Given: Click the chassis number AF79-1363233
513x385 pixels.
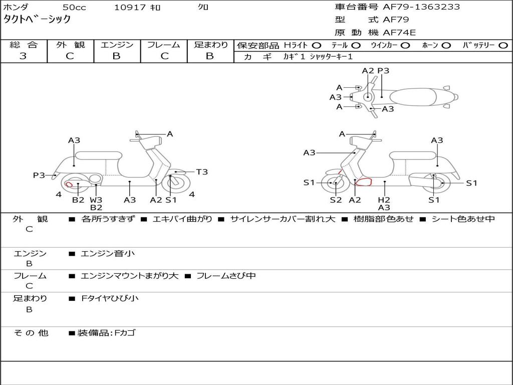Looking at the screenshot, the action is pyautogui.click(x=421, y=7).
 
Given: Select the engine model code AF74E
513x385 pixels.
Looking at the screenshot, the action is pyautogui.click(x=399, y=33).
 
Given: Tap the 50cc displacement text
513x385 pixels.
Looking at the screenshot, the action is pyautogui.click(x=74, y=7).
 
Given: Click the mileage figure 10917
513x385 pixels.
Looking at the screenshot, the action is pyautogui.click(x=130, y=7).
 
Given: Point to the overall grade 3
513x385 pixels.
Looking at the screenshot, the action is pyautogui.click(x=23, y=56).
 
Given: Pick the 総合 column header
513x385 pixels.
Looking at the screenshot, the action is pyautogui.click(x=24, y=45).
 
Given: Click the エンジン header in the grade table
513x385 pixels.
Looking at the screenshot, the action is pyautogui.click(x=117, y=45).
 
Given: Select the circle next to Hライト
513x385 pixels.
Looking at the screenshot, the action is pyautogui.click(x=317, y=46).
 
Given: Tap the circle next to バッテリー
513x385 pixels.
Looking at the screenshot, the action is pyautogui.click(x=503, y=46).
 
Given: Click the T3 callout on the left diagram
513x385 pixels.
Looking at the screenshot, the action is pyautogui.click(x=202, y=172).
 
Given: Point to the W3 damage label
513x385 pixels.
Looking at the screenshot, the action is pyautogui.click(x=96, y=200).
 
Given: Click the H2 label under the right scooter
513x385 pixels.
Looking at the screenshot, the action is pyautogui.click(x=384, y=200).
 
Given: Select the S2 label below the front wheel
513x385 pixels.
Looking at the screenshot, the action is pyautogui.click(x=336, y=200).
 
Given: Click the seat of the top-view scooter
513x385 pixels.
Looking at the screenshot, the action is pyautogui.click(x=413, y=97).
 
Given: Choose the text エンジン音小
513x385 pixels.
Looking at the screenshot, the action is pyautogui.click(x=108, y=253).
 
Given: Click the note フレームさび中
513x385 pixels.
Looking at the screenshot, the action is pyautogui.click(x=226, y=276).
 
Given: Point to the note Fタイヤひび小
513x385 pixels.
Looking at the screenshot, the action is pyautogui.click(x=110, y=298).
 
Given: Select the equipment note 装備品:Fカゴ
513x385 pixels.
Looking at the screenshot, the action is pyautogui.click(x=106, y=333).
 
